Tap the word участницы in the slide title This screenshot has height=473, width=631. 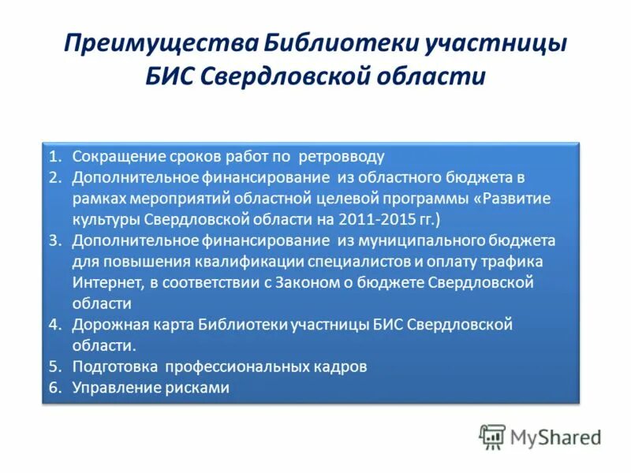496,43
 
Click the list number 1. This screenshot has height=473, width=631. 54,155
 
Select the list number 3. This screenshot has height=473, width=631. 54,240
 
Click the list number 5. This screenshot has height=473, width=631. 54,367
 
